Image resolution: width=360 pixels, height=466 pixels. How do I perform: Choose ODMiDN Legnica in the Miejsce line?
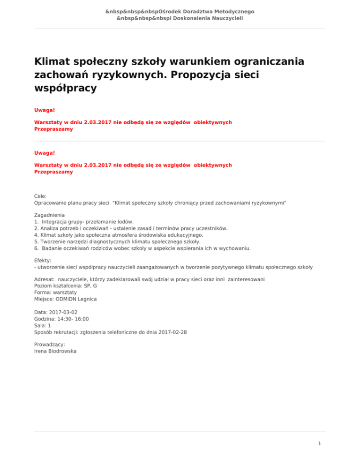[x=76, y=299]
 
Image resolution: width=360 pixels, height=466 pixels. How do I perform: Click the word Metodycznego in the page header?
[x=232, y=11]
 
